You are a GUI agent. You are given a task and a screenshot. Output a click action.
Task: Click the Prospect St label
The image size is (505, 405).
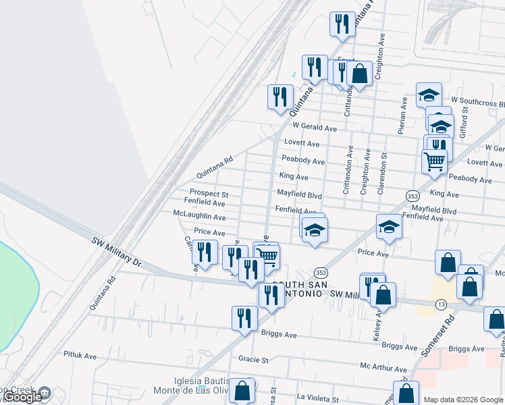click(x=209, y=194)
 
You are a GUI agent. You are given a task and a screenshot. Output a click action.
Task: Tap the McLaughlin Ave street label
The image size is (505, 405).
click(x=199, y=217)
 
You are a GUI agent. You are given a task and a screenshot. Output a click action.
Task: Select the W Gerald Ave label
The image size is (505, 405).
click(x=314, y=128)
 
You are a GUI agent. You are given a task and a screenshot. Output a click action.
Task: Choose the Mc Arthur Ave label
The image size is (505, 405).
click(x=383, y=369)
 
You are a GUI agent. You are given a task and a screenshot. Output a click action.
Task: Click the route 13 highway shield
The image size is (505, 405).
click(x=441, y=306)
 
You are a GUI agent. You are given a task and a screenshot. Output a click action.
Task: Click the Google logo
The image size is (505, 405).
click(x=22, y=398)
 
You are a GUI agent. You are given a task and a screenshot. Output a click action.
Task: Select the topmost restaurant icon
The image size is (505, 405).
click(x=342, y=24)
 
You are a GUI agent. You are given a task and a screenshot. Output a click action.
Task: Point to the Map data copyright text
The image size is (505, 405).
click(x=463, y=399)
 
